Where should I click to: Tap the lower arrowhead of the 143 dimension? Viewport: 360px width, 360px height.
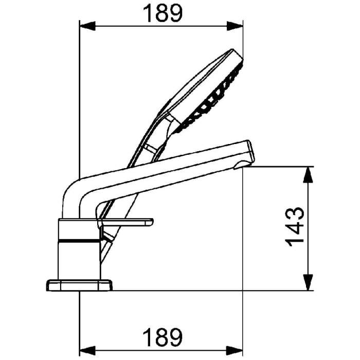[308, 283]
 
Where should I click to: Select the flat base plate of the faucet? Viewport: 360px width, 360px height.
[80, 285]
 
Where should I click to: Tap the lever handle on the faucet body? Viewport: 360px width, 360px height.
[129, 222]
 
